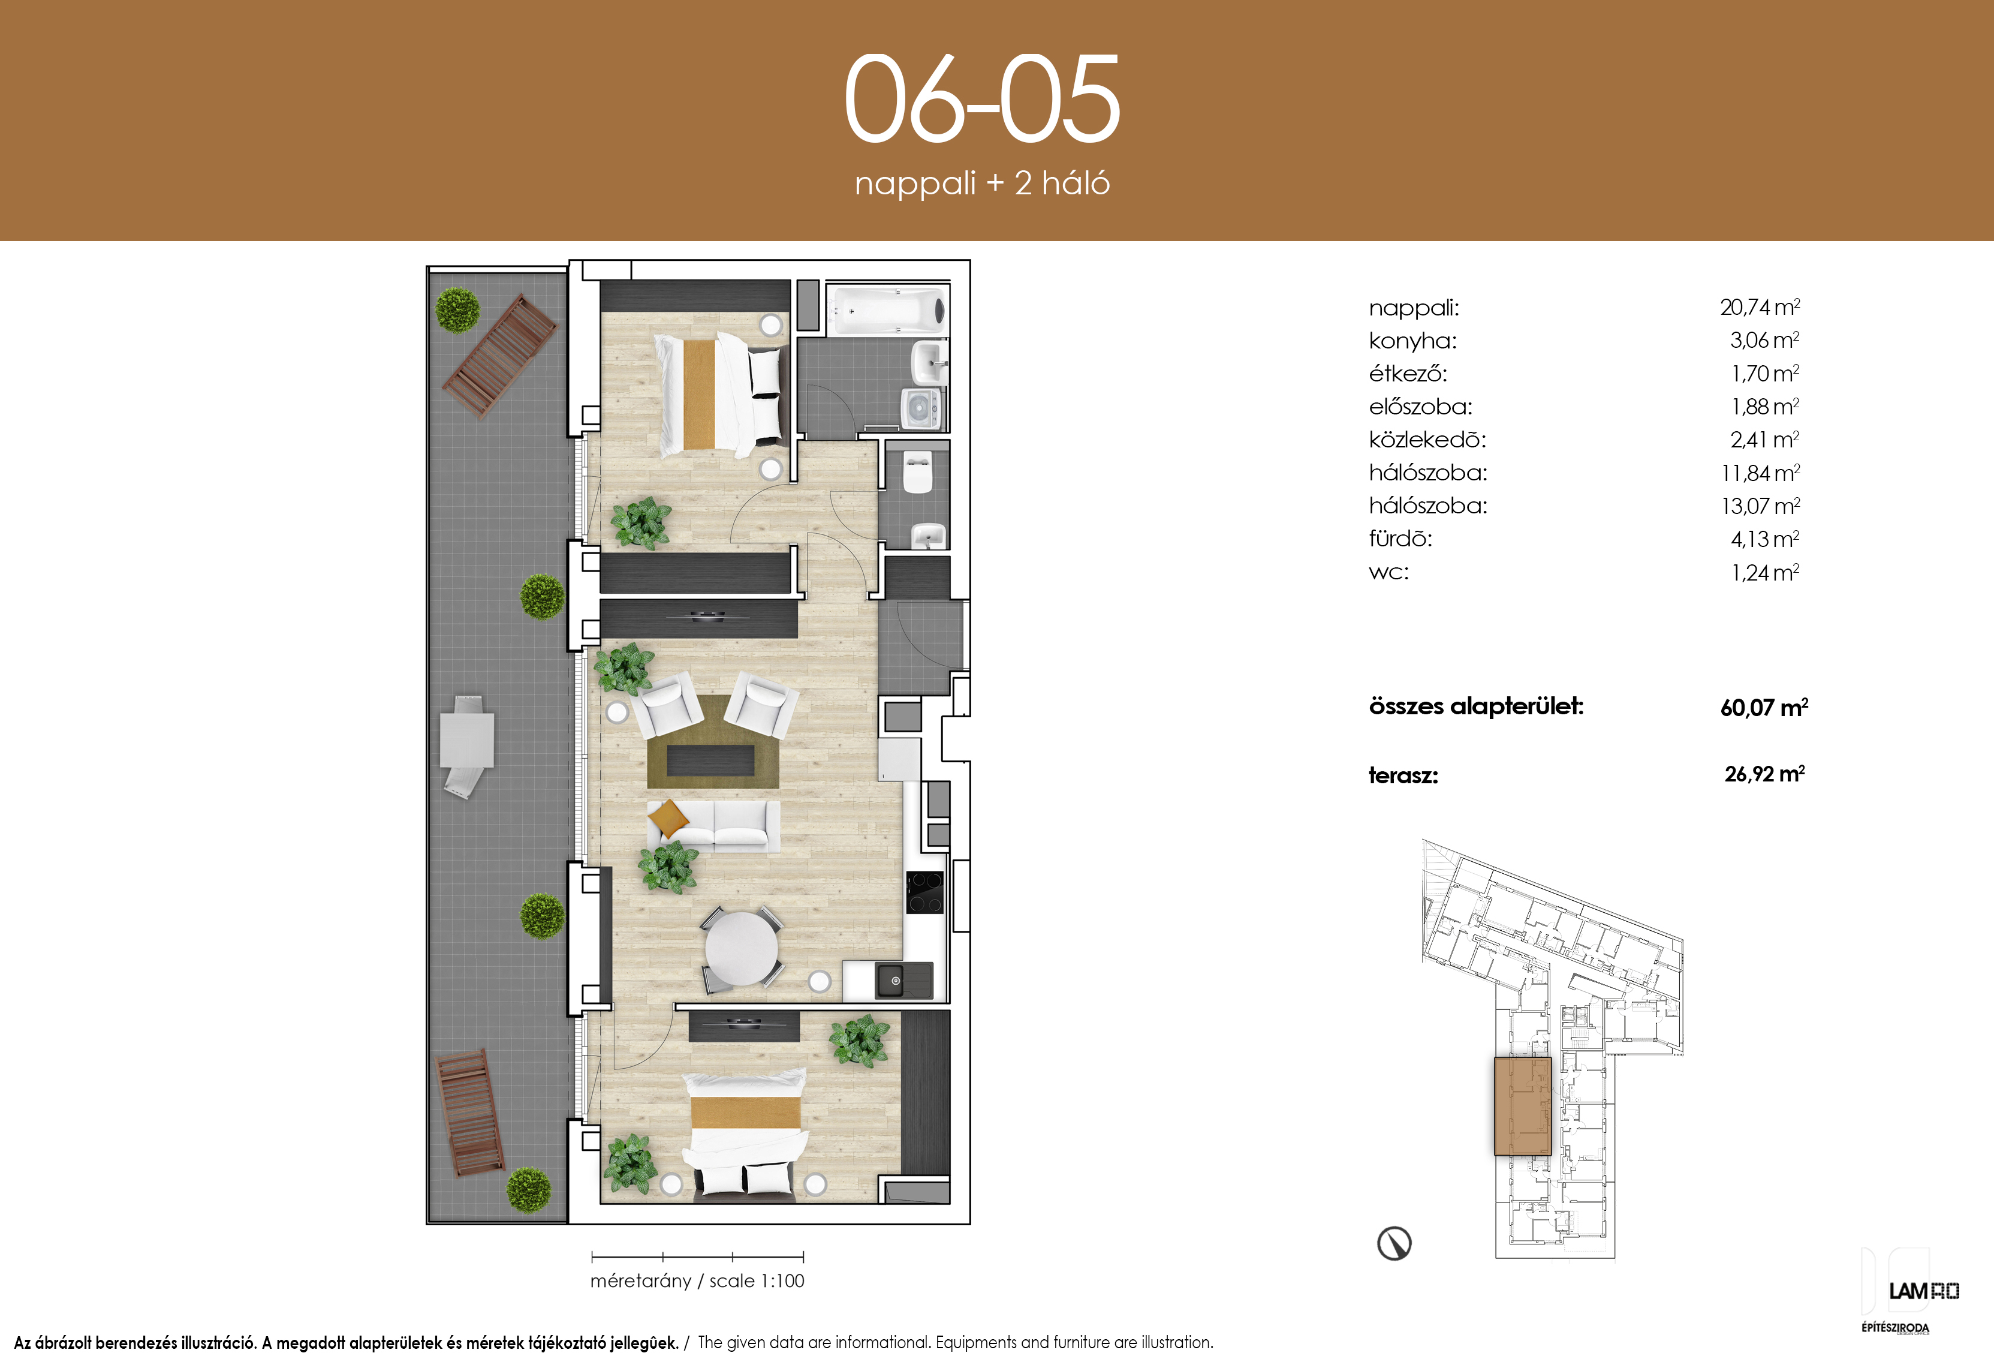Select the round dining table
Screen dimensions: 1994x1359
pyautogui.click(x=742, y=949)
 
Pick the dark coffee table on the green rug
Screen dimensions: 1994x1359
pyautogui.click(x=710, y=760)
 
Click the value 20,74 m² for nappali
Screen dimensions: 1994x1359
pyautogui.click(x=1760, y=307)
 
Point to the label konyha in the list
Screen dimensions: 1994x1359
pyautogui.click(x=1412, y=341)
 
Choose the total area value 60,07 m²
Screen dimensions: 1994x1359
pyautogui.click(x=1764, y=708)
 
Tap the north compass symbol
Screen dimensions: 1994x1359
pyautogui.click(x=1394, y=1242)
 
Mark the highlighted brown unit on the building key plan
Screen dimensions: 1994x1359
pyautogui.click(x=1523, y=1106)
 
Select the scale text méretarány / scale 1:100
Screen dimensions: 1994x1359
pyautogui.click(x=698, y=1281)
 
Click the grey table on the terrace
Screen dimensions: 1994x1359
pyautogui.click(x=467, y=740)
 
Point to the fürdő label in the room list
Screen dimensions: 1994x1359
pyautogui.click(x=1400, y=539)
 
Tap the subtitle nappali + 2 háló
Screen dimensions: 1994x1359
pyautogui.click(x=983, y=184)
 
